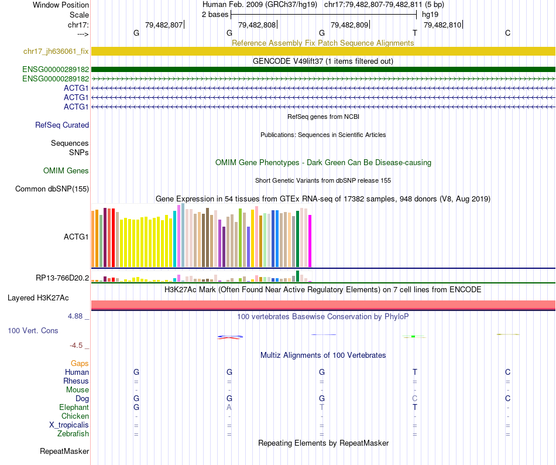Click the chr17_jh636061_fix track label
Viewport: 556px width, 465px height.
tap(56, 52)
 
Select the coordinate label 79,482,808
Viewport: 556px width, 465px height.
tap(258, 25)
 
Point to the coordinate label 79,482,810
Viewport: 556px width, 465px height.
tap(442, 25)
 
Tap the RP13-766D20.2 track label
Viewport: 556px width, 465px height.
tap(62, 278)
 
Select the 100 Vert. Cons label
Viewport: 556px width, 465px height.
tap(33, 331)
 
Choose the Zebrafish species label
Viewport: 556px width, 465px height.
tap(74, 434)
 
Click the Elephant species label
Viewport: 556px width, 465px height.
tap(74, 407)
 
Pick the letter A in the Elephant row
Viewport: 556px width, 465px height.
tap(229, 407)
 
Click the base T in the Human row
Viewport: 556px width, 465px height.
tap(415, 372)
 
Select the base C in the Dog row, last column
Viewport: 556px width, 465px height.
tap(507, 398)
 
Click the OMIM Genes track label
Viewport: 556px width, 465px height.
tap(66, 171)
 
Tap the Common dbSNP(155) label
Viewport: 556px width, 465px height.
tap(52, 189)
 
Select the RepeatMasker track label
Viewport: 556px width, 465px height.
tap(64, 452)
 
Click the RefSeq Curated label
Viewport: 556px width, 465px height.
tap(62, 125)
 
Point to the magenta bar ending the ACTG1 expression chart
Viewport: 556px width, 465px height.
tap(310, 241)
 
